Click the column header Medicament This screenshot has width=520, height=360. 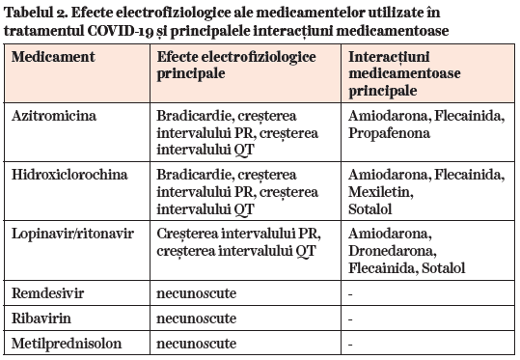pyautogui.click(x=54, y=57)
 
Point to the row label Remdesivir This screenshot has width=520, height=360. pyautogui.click(x=47, y=291)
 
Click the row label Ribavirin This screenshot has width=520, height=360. pyautogui.click(x=41, y=317)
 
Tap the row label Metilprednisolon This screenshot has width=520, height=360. pyautogui.click(x=60, y=343)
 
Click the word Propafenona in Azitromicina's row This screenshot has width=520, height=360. pyautogui.click(x=385, y=133)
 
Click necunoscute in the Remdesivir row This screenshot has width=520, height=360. pyautogui.click(x=197, y=291)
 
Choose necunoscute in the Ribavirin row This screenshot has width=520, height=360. pyautogui.click(x=197, y=317)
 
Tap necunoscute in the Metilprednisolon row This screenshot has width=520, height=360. pyautogui.click(x=197, y=343)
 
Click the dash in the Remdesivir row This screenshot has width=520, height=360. pyautogui.click(x=350, y=291)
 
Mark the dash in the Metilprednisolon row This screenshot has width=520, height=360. pyautogui.click(x=350, y=343)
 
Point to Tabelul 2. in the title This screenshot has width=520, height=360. pyautogui.click(x=40, y=12)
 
